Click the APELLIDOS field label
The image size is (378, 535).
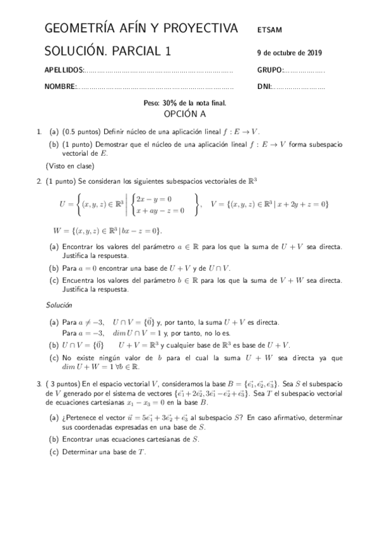click(64, 71)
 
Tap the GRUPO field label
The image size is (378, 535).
click(271, 71)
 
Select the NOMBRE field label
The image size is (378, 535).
click(61, 87)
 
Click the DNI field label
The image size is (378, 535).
click(264, 87)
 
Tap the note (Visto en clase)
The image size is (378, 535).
click(69, 167)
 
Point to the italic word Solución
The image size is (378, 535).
click(58, 305)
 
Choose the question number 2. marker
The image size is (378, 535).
click(39, 181)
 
